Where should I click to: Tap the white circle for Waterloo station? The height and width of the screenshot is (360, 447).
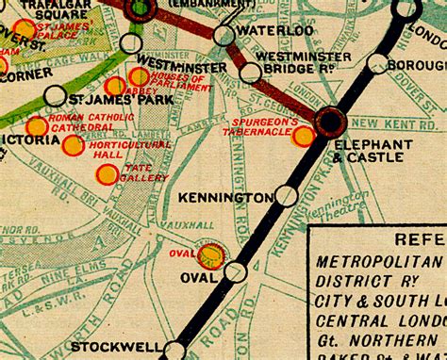click(224, 36)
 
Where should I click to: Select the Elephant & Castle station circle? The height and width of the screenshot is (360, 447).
click(332, 121)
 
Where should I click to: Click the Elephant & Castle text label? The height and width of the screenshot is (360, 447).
click(372, 151)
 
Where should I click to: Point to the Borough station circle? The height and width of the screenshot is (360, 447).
click(378, 64)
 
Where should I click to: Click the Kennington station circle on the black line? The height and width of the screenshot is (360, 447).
click(287, 196)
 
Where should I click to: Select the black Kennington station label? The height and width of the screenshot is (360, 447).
click(226, 198)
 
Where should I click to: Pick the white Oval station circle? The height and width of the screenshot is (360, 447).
click(236, 271)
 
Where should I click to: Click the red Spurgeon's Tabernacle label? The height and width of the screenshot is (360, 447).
click(274, 127)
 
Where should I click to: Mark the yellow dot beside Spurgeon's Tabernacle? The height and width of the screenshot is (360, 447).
click(304, 137)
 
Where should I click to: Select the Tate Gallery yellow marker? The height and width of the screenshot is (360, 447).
click(108, 174)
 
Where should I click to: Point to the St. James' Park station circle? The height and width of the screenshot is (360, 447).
click(56, 95)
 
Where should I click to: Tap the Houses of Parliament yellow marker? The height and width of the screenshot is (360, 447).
click(139, 76)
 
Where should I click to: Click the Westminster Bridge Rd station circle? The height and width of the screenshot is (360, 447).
click(251, 73)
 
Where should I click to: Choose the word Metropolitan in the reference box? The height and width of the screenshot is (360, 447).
click(379, 259)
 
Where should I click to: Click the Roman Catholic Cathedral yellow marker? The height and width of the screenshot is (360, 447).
click(37, 126)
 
